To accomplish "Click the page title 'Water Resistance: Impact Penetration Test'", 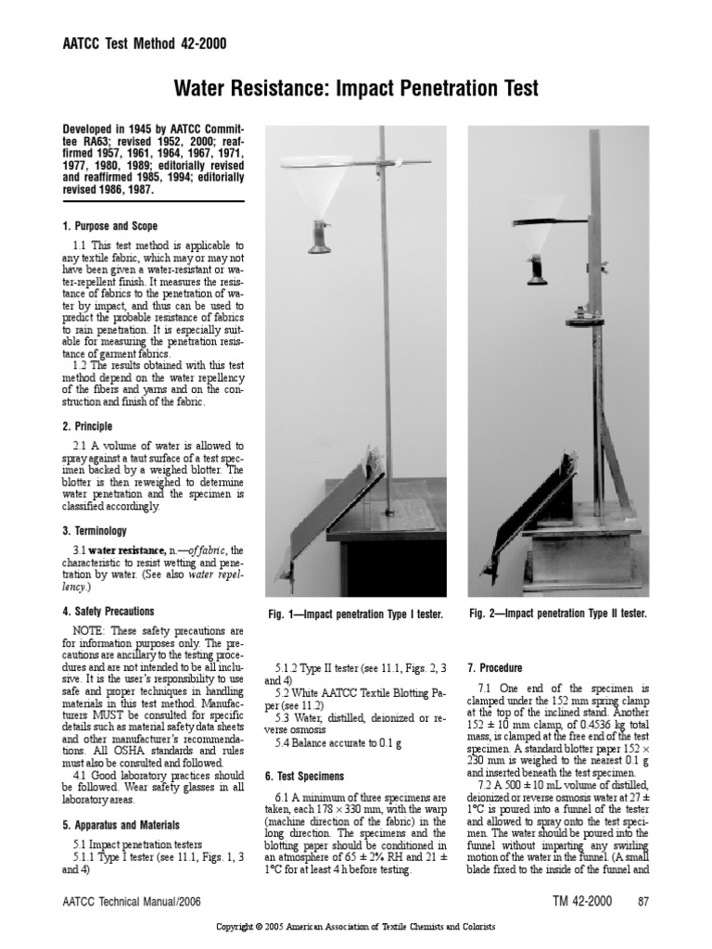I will pos(356,88).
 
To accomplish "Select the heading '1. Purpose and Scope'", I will pos(109,226).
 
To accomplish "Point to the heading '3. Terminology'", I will pos(94,531).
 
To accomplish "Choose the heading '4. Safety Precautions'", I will pos(108,612).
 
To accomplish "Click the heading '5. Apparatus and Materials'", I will pos(121,824).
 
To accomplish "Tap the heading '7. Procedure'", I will pos(495,667).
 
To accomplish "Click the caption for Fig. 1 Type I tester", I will pos(356,614).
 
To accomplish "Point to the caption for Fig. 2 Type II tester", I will pos(557,614).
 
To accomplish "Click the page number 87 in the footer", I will pos(642,901).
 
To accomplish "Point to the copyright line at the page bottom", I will pos(356,927).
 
